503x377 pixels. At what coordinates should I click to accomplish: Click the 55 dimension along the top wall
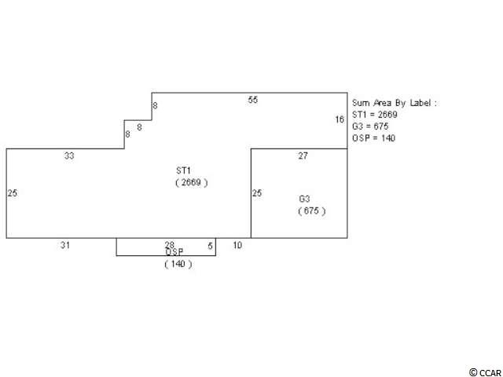pos(252,100)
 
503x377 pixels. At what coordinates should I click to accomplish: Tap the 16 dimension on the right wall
pos(340,119)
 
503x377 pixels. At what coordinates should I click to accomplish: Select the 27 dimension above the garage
pos(303,156)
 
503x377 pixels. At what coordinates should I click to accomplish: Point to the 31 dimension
pos(65,245)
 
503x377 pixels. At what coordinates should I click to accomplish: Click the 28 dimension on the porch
pos(170,245)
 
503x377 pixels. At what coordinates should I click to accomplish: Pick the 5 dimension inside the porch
pos(210,246)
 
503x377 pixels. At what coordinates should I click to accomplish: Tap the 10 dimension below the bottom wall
pos(237,245)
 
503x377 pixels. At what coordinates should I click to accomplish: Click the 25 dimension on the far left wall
pos(13,193)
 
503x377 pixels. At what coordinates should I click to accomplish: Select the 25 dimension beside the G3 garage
pos(257,193)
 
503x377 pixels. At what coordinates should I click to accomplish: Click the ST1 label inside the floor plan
pos(183,170)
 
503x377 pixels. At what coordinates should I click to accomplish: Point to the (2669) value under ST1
pos(192,183)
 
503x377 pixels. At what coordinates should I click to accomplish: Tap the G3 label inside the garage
pos(304,199)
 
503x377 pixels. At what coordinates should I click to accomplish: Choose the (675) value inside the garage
pos(312,211)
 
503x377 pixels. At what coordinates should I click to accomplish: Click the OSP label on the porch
pos(174,252)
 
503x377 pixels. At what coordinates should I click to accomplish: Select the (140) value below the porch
pos(178,264)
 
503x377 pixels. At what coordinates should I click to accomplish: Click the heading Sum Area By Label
pos(395,103)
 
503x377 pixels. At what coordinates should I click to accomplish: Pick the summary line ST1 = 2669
pos(375,115)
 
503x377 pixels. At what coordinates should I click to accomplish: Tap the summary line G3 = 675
pos(370,126)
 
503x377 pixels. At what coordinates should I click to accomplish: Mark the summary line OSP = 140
pos(374,138)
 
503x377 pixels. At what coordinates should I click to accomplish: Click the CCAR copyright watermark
pos(485,372)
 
